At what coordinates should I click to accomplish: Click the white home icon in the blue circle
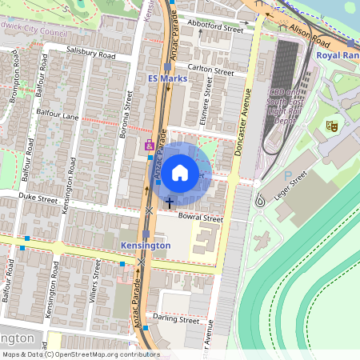[x=180, y=171]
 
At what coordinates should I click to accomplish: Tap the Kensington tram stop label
[x=145, y=246]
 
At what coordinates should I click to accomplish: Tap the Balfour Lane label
[x=58, y=115]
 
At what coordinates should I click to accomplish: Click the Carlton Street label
[x=210, y=70]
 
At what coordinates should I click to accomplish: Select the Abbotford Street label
[x=214, y=27]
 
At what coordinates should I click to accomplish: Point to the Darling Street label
[x=176, y=319]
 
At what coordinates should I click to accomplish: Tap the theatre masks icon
[x=330, y=126]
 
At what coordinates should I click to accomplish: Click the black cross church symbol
[x=168, y=202]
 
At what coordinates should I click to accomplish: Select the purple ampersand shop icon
[x=149, y=145]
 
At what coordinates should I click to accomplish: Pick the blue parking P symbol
[x=288, y=174]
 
